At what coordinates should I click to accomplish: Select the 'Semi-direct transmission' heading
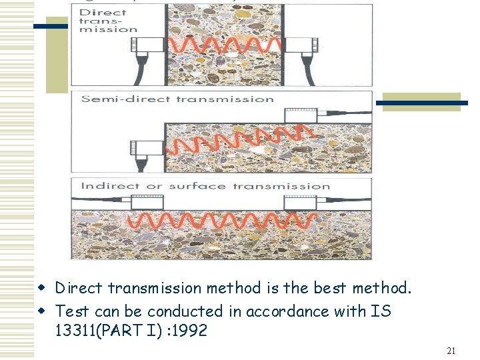pos(177,99)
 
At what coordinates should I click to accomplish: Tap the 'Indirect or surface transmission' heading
pos(205,186)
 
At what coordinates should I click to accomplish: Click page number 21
pos(451,351)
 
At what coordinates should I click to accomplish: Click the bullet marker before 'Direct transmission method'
pos(41,288)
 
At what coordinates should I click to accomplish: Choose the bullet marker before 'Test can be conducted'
pos(41,311)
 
